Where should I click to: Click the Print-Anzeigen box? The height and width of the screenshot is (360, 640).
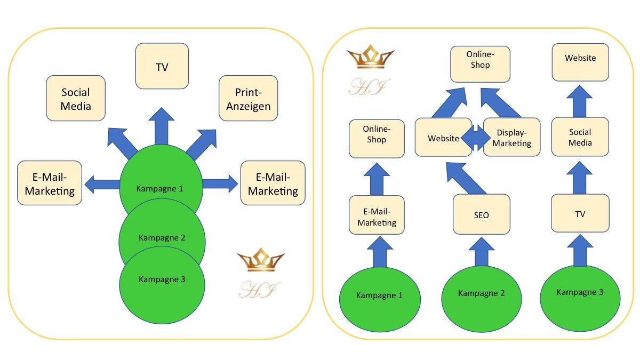(248, 98)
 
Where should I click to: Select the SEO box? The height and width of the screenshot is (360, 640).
(481, 214)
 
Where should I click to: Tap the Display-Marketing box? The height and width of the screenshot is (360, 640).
(511, 137)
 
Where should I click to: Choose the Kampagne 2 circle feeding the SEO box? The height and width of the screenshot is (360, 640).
(482, 294)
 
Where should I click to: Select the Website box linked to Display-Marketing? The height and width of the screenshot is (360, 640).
(443, 138)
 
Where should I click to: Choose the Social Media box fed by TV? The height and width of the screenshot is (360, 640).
(580, 137)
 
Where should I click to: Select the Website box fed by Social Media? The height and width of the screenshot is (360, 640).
(580, 62)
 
